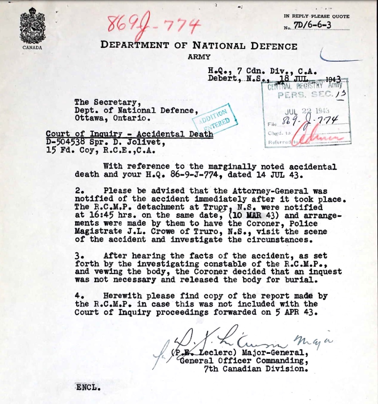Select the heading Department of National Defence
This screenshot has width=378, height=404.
click(x=199, y=46)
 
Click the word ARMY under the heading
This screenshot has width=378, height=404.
click(x=199, y=57)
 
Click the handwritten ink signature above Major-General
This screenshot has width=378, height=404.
click(x=221, y=340)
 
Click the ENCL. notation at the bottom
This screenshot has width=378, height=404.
click(x=88, y=387)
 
